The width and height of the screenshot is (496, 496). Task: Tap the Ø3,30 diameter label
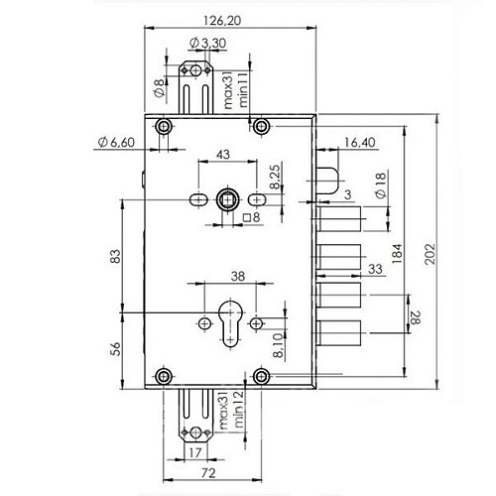pyautogui.click(x=206, y=43)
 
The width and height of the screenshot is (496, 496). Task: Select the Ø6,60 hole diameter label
pyautogui.click(x=116, y=144)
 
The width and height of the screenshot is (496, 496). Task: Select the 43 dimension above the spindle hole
pyautogui.click(x=223, y=156)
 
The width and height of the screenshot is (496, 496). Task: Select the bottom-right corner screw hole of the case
pyautogui.click(x=261, y=375)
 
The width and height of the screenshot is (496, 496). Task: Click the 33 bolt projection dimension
pyautogui.click(x=374, y=269)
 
